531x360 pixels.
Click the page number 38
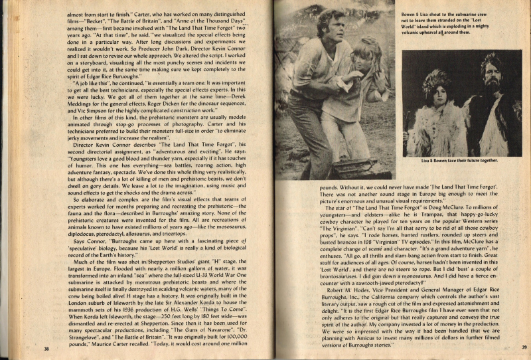click(47, 347)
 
